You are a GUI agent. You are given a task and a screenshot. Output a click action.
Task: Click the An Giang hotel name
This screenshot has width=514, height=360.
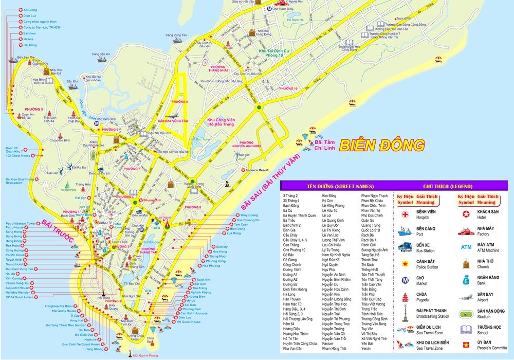point(30,10)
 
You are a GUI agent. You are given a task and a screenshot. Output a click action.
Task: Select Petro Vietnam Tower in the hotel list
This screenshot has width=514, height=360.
point(20,224)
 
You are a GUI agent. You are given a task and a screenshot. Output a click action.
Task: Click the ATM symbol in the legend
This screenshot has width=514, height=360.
point(466,247)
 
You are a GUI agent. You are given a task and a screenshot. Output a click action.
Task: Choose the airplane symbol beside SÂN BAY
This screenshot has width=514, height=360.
point(466,297)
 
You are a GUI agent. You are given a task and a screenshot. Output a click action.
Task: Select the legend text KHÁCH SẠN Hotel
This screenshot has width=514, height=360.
point(488,214)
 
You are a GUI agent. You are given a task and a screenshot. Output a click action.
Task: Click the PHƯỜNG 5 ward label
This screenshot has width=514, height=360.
point(34,110)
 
